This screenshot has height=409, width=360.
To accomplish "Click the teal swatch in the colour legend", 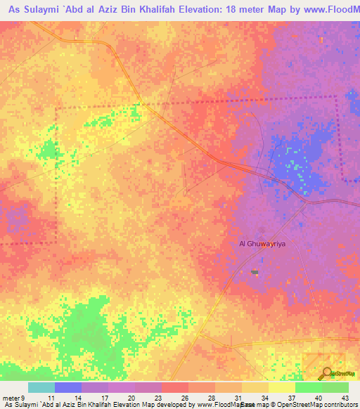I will click(x=41, y=387).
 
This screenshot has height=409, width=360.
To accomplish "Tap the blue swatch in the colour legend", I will click(x=68, y=387).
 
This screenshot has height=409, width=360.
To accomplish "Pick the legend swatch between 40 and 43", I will click(x=335, y=387).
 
